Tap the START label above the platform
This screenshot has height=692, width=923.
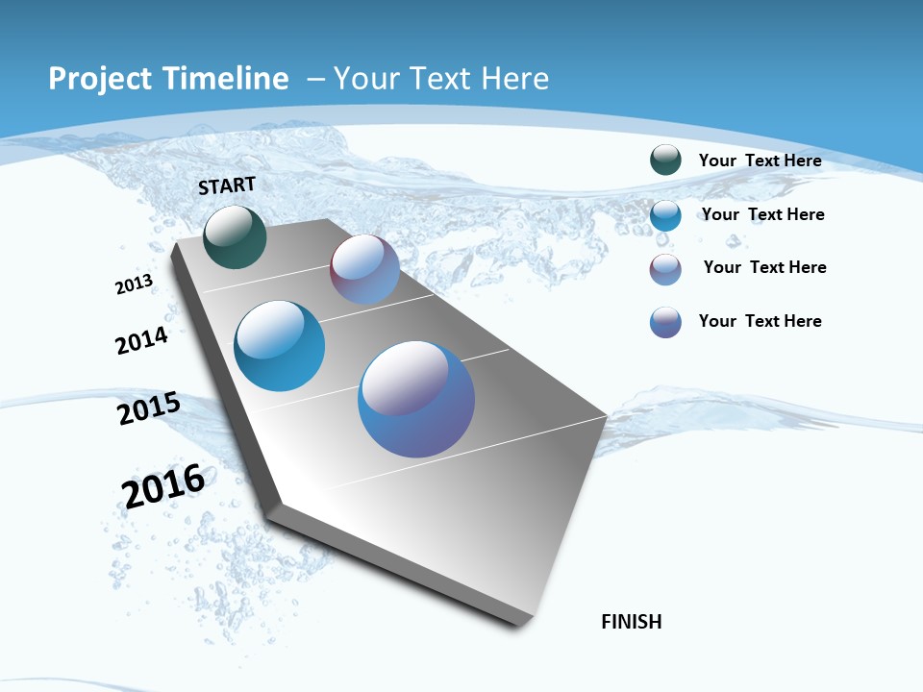tap(227, 185)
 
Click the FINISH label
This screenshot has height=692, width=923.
tap(632, 622)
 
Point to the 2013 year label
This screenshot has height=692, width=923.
tap(134, 284)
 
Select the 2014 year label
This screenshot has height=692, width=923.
tap(141, 340)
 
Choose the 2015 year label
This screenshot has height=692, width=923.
tap(148, 408)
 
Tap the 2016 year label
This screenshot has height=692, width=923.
tap(163, 485)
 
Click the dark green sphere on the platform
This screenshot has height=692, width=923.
tap(235, 236)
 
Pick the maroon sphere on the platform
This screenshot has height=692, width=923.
tap(364, 269)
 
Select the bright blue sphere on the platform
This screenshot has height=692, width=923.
tap(280, 346)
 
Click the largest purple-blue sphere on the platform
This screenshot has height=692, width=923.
tap(416, 399)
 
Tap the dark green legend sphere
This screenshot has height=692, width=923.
tap(665, 160)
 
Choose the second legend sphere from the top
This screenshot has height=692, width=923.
tap(665, 215)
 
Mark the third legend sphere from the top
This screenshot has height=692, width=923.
tap(665, 269)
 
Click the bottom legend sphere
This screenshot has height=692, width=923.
tap(665, 322)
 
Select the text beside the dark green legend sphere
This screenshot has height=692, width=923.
tap(760, 161)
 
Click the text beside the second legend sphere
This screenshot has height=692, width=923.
tap(762, 214)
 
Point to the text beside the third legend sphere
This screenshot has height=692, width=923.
tap(764, 267)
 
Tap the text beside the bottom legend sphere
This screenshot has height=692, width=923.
tap(760, 321)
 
